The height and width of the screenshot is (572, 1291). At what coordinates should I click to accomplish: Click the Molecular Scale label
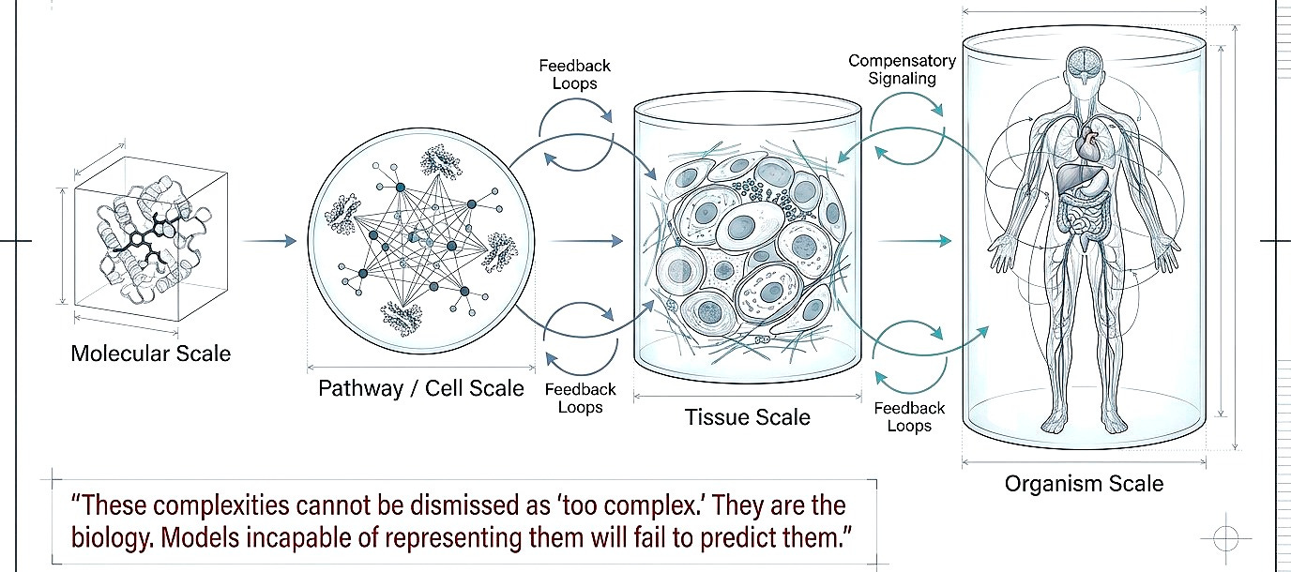pos(150,354)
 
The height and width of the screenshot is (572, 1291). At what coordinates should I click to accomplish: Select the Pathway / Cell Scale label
pos(421,387)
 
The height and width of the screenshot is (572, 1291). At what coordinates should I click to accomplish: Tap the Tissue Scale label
pos(747,416)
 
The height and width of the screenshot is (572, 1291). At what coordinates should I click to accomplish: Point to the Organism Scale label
pos(1084,484)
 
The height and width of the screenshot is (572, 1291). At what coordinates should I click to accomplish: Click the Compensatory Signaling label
pos(903,69)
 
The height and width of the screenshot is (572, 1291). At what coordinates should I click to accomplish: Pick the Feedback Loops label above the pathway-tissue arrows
pos(574,74)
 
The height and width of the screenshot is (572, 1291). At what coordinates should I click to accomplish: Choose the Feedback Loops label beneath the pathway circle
pos(581,398)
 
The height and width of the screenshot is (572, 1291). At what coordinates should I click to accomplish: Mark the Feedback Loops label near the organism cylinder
pos(909,416)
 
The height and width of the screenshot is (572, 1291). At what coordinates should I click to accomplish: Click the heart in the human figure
pos(1086,144)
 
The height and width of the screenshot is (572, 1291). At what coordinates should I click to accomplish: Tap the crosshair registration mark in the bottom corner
pos(1226,538)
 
